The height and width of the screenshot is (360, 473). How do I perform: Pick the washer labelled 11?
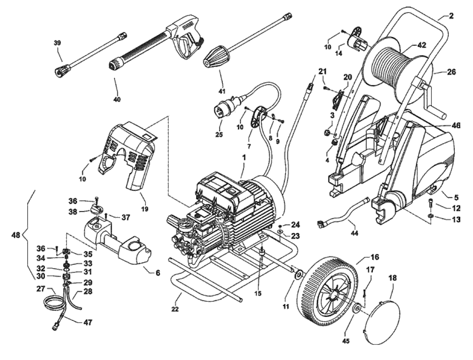[298, 275]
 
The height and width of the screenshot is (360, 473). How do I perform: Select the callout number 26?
[451, 72]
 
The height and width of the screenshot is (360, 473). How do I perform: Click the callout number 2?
[451, 16]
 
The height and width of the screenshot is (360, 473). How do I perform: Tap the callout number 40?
[117, 100]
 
